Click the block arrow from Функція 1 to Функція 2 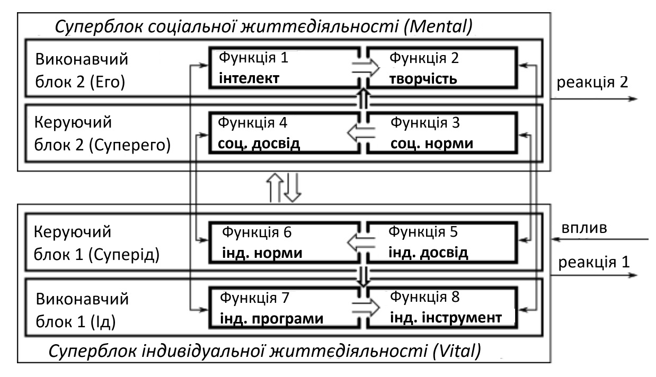[x=366, y=68]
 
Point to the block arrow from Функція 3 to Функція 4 [x=361, y=133]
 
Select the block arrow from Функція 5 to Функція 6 [x=361, y=243]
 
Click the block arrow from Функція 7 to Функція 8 [x=366, y=308]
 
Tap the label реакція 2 [x=592, y=82]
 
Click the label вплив [x=584, y=228]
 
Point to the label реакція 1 [x=593, y=262]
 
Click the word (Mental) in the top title [x=438, y=27]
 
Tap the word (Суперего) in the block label [x=129, y=145]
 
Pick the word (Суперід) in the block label [x=123, y=255]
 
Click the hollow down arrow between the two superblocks [x=292, y=187]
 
